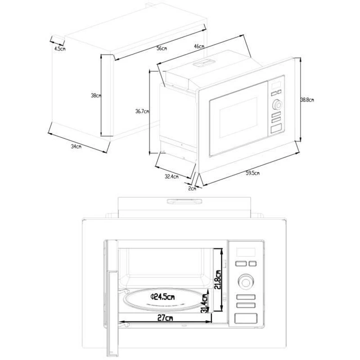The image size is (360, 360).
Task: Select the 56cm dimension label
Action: tap(162, 49)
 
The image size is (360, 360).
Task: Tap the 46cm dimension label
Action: tap(199, 46)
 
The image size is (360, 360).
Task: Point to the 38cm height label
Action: tap(96, 95)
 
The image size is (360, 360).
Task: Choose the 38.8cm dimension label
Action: tap(307, 100)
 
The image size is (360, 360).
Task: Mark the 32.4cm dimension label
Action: tap(171, 176)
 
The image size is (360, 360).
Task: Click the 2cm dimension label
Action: tap(192, 188)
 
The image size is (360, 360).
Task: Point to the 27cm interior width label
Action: tap(165, 318)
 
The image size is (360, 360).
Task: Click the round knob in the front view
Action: tap(245, 281)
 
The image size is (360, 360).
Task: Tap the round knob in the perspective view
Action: tap(277, 105)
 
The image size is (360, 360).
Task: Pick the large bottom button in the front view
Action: tap(245, 319)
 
